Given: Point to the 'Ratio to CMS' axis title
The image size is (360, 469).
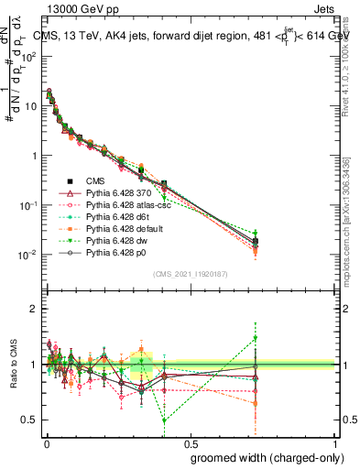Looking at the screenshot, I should tap(12, 365).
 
